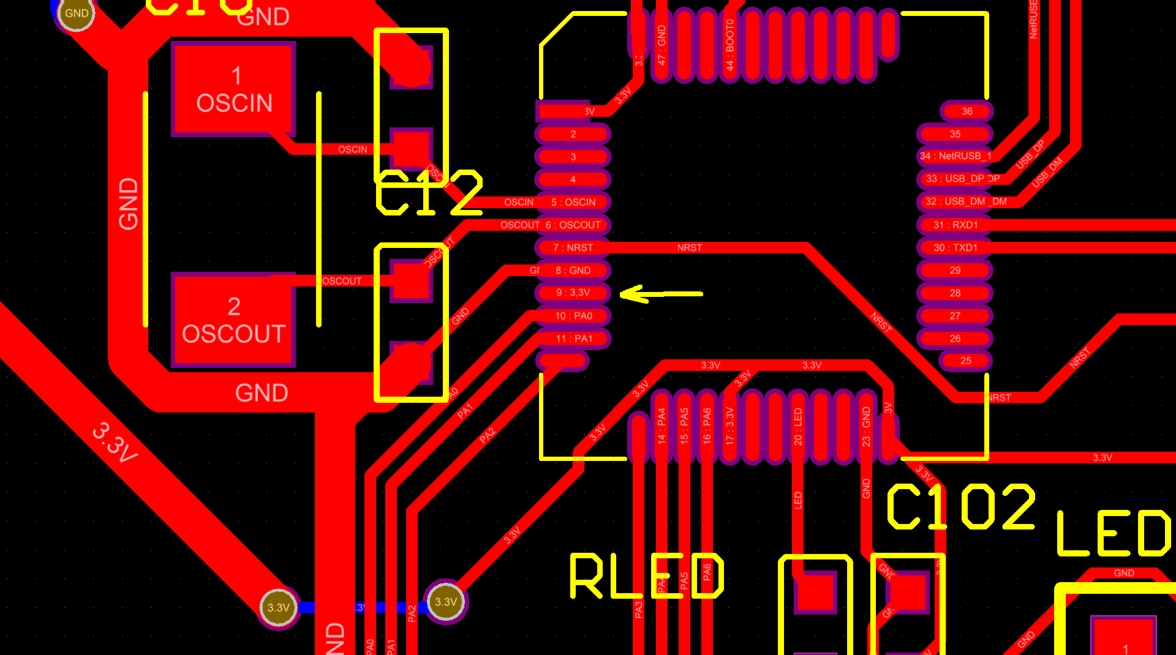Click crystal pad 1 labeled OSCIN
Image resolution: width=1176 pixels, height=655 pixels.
click(234, 89)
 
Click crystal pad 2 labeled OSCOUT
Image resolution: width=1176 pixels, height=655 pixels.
click(234, 320)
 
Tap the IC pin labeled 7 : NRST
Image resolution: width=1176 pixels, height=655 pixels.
click(573, 247)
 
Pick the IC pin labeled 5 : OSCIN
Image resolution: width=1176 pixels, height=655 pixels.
click(573, 202)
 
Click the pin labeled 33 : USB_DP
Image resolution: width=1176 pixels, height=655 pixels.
click(955, 179)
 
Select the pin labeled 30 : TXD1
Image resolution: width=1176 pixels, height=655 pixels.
click(955, 247)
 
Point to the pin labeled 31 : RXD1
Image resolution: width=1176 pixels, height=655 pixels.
click(955, 225)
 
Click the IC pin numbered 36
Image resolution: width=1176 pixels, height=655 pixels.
click(967, 111)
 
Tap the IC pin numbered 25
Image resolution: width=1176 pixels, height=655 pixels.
click(965, 361)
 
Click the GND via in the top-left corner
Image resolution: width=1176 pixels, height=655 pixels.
click(77, 13)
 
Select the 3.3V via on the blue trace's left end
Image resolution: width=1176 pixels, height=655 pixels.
click(279, 607)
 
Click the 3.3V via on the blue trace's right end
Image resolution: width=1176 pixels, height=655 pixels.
click(446, 602)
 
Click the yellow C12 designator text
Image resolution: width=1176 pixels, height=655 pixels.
click(429, 193)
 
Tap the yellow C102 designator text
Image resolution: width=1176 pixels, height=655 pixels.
click(960, 507)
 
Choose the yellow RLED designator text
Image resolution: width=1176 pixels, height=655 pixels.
click(647, 576)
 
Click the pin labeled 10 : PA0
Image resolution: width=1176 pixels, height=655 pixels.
click(573, 316)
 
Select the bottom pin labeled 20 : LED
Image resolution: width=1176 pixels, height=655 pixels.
click(797, 427)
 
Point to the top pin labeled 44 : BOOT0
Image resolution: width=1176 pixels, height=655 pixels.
click(729, 44)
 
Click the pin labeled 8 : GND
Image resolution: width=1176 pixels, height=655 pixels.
click(573, 270)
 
